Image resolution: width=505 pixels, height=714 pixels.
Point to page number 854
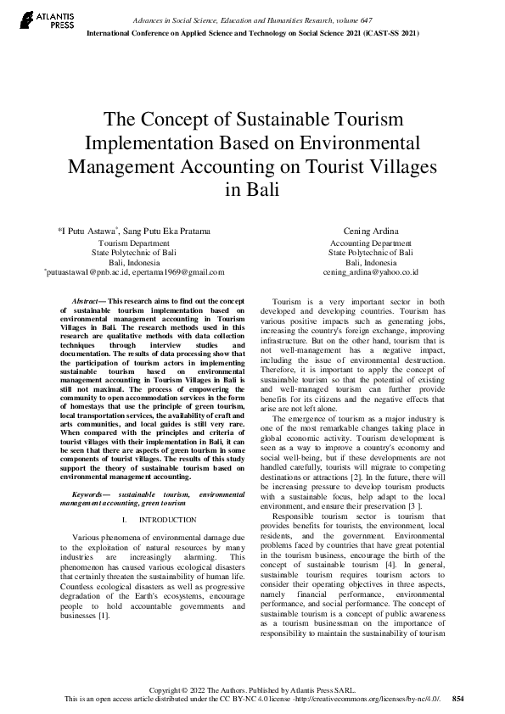tap(458, 698)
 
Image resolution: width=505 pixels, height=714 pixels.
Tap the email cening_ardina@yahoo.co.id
tap(370, 273)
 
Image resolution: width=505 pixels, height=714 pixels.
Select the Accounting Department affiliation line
tap(370, 243)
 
